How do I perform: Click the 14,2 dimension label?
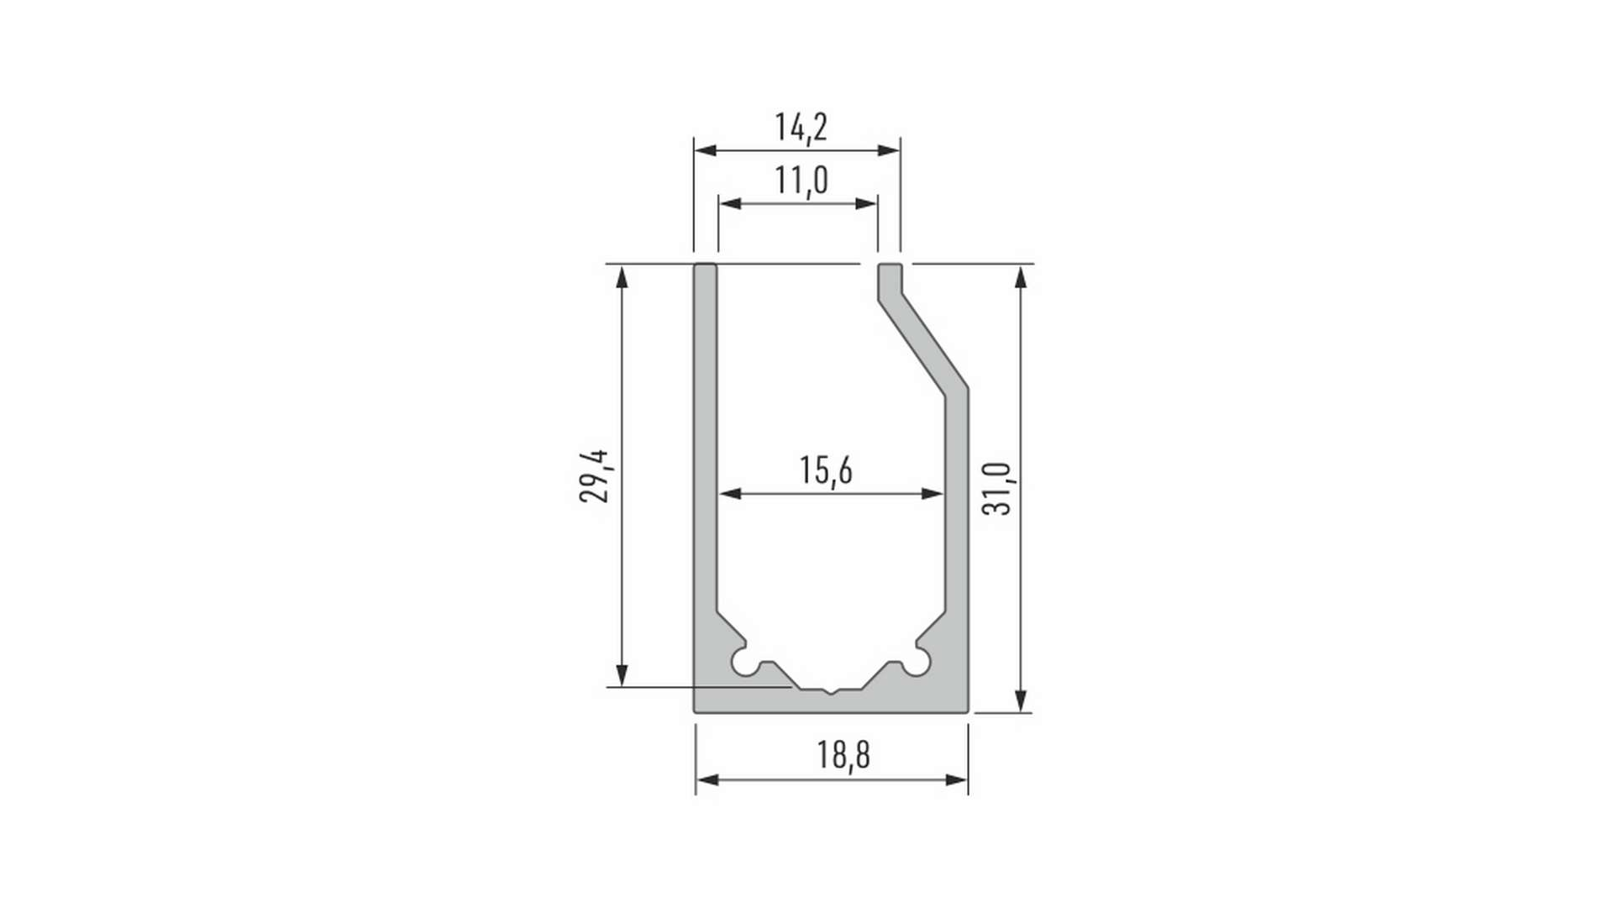tap(801, 128)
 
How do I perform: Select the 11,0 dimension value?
tap(801, 181)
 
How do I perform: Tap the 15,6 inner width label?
tap(826, 470)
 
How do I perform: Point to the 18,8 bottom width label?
tap(843, 754)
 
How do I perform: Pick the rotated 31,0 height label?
tap(997, 488)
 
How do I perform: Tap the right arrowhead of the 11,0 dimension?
tap(866, 203)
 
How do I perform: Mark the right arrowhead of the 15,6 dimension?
tap(933, 494)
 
